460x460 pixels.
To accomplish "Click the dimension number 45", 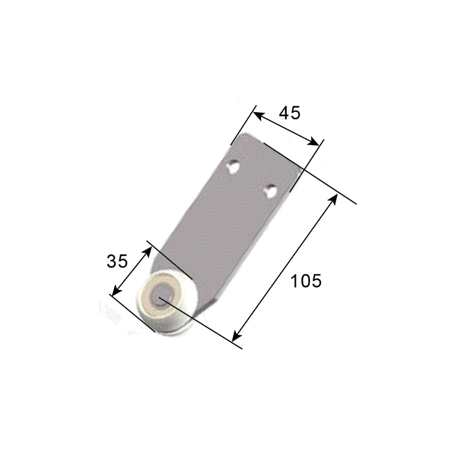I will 290,113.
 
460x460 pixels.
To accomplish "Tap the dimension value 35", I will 117,261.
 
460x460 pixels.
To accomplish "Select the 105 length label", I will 306,280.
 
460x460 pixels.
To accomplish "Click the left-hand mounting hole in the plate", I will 234,166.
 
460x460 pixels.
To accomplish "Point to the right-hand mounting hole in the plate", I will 270,190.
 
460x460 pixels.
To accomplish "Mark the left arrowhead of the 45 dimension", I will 258,115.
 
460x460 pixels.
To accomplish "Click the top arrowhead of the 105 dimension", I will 333,199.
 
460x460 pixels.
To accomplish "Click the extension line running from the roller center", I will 202,322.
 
